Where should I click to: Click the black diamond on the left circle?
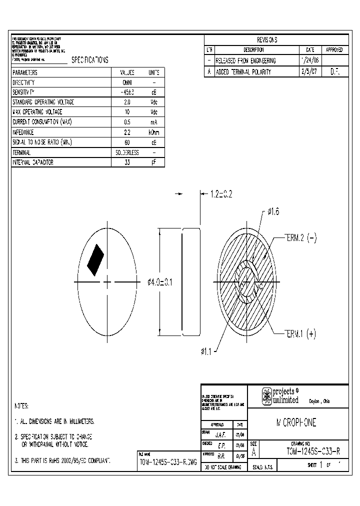click(x=95, y=260)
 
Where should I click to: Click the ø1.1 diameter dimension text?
click(x=206, y=352)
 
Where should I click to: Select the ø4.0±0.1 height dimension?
click(x=159, y=282)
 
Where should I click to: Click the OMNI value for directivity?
click(x=127, y=82)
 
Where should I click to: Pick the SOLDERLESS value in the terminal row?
click(x=127, y=152)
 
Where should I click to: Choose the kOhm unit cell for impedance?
click(x=154, y=132)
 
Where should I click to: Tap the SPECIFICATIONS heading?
click(x=89, y=60)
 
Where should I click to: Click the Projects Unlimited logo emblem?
click(x=267, y=396)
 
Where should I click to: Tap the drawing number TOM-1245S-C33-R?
click(x=313, y=451)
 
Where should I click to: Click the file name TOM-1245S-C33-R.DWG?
click(x=167, y=461)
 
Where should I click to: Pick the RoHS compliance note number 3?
click(x=63, y=460)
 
